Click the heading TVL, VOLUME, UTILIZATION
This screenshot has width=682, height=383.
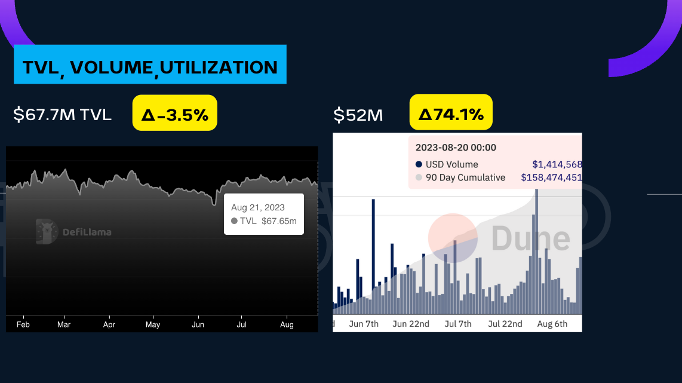pyautogui.click(x=150, y=67)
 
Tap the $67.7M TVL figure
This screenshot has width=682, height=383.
pyautogui.click(x=63, y=114)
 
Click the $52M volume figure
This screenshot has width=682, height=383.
pyautogui.click(x=358, y=114)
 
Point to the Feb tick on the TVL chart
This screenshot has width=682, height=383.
pyautogui.click(x=23, y=324)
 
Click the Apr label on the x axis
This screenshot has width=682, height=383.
pyautogui.click(x=109, y=324)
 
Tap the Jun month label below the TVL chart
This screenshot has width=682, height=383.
pyautogui.click(x=198, y=324)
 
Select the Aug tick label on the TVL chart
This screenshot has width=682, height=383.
pyautogui.click(x=287, y=324)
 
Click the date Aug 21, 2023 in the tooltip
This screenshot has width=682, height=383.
pyautogui.click(x=258, y=208)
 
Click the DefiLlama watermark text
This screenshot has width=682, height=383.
pyautogui.click(x=87, y=232)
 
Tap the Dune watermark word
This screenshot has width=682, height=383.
pyautogui.click(x=530, y=238)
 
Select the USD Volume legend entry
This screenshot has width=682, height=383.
pyautogui.click(x=451, y=164)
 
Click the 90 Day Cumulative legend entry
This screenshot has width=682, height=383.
pyautogui.click(x=465, y=177)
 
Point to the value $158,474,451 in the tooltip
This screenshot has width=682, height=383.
pyautogui.click(x=551, y=177)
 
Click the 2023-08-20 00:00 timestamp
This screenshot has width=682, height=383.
pyautogui.click(x=456, y=148)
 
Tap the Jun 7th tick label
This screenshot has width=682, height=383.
pyautogui.click(x=364, y=324)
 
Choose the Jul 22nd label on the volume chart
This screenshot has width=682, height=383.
pyautogui.click(x=505, y=324)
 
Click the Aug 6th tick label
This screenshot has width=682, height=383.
pyautogui.click(x=552, y=324)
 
